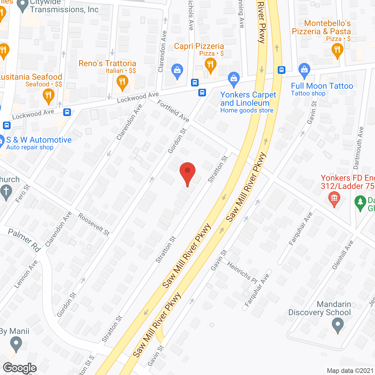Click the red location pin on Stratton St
point(187,173)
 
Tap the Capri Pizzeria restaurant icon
point(210,65)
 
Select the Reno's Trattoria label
point(107,64)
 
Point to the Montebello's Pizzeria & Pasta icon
point(337,51)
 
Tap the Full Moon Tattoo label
point(322,86)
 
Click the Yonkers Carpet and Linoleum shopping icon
point(234,79)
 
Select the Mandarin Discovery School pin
point(337,325)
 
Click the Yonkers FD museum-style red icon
point(334,198)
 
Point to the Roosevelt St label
point(94,224)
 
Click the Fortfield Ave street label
point(173,111)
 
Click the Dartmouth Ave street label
point(358,148)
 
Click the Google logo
point(20,368)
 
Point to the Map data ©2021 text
point(350,371)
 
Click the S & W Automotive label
point(39,140)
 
